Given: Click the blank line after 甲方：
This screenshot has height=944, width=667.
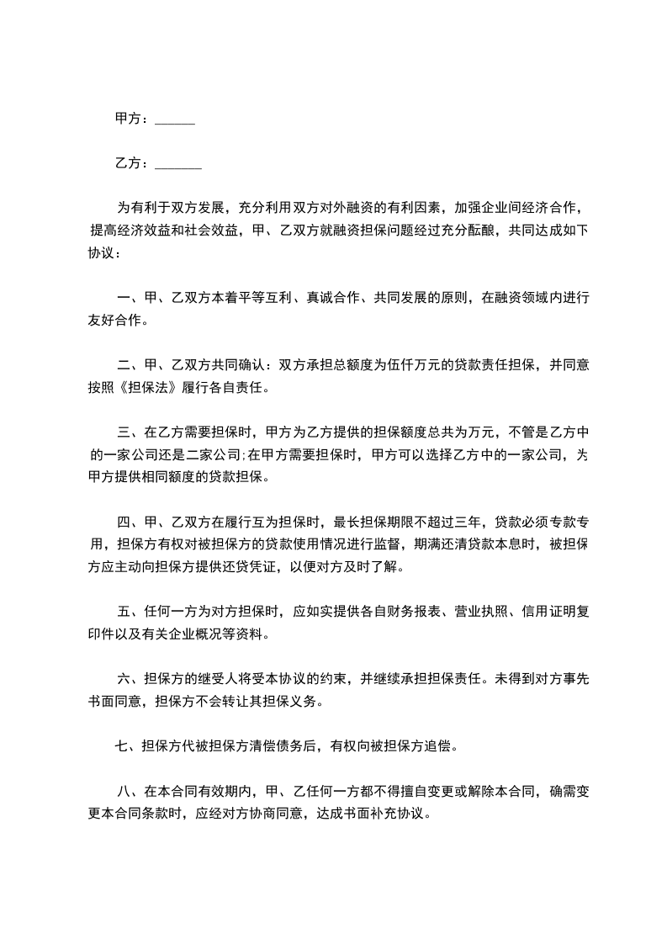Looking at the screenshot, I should click(x=175, y=122).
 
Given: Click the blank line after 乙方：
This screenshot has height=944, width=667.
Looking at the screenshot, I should click(x=178, y=165).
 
